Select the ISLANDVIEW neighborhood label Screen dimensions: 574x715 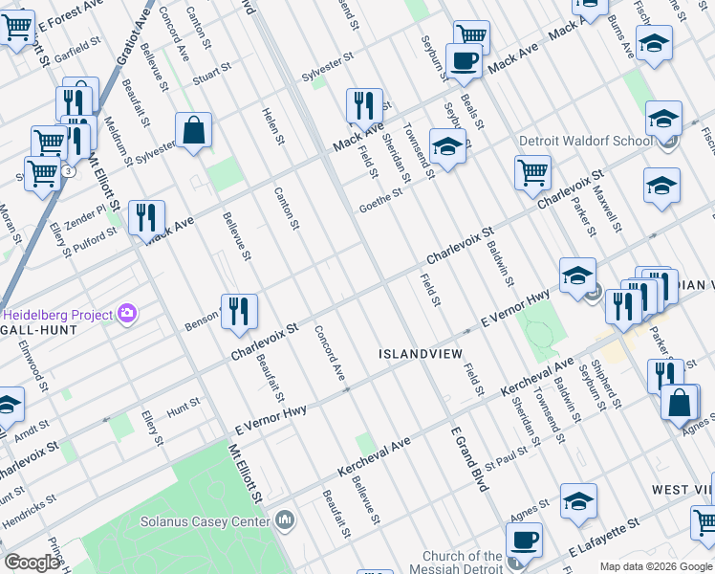point(420,353)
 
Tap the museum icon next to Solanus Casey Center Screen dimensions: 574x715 point(284,519)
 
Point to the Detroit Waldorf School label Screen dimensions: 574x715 point(585,141)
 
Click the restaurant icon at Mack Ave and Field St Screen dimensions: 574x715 point(363,106)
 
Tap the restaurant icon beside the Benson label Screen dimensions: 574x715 point(239,312)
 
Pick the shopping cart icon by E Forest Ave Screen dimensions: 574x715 point(16,28)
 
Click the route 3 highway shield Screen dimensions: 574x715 point(68,171)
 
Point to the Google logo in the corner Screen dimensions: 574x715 point(32,563)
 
